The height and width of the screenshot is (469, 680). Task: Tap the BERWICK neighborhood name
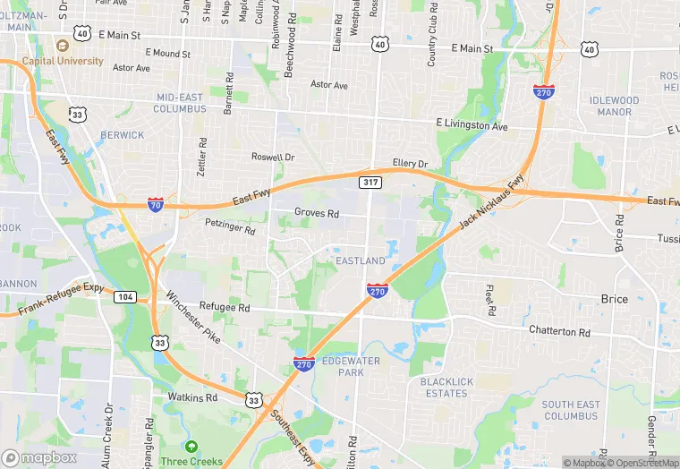pyautogui.click(x=122, y=135)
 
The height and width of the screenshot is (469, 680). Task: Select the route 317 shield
pyautogui.click(x=369, y=183)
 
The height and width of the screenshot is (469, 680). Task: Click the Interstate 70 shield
pyautogui.click(x=156, y=205)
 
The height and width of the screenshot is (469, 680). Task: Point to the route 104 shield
pyautogui.click(x=125, y=296)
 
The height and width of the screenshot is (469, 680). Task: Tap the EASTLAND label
pyautogui.click(x=361, y=260)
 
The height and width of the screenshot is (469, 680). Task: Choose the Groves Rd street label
pyautogui.click(x=317, y=214)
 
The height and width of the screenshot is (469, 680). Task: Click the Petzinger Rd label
pyautogui.click(x=230, y=227)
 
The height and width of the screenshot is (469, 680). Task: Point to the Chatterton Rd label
pyautogui.click(x=560, y=331)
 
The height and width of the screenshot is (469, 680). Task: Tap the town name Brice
pyautogui.click(x=614, y=298)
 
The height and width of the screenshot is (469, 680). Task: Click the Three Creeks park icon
pyautogui.click(x=191, y=446)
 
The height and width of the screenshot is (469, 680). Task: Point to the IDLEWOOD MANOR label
pyautogui.click(x=615, y=106)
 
